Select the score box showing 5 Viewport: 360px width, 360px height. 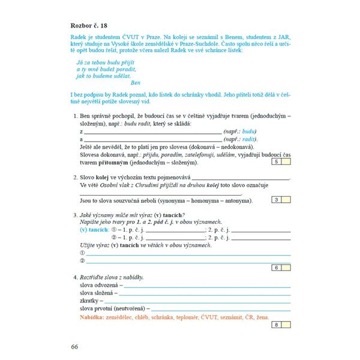pyautogui.click(x=276, y=162)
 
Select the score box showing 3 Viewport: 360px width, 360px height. pyautogui.click(x=276, y=200)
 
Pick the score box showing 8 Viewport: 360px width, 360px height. pyautogui.click(x=276, y=325)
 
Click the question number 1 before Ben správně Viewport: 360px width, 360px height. pyautogui.click(x=74, y=115)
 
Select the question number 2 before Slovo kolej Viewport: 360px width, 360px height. pyautogui.click(x=74, y=178)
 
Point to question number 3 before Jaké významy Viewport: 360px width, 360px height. pyautogui.click(x=74, y=215)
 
